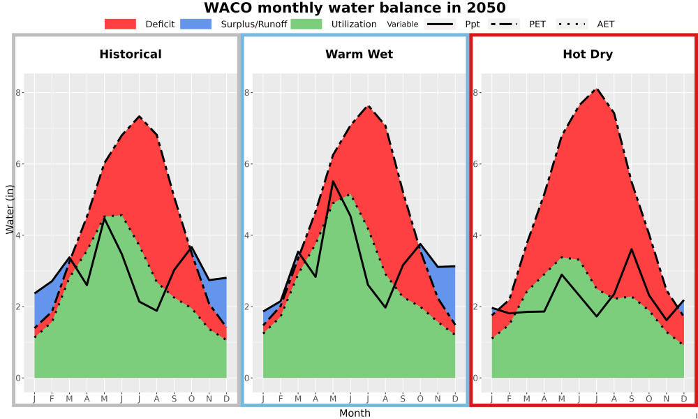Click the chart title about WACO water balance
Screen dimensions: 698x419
click(x=355, y=8)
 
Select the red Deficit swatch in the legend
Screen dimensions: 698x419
click(x=120, y=24)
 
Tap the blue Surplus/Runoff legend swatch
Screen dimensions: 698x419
click(x=196, y=24)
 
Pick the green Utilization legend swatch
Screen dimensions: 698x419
click(x=306, y=24)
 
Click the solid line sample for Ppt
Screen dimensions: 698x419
click(x=440, y=24)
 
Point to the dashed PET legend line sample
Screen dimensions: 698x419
click(x=504, y=24)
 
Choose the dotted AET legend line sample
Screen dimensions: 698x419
click(x=572, y=24)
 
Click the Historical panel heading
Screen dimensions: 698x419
click(x=131, y=54)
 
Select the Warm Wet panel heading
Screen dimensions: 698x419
click(x=359, y=54)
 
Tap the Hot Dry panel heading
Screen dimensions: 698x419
click(x=588, y=54)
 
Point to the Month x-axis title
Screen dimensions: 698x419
click(x=355, y=413)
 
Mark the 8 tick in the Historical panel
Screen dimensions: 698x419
click(x=19, y=93)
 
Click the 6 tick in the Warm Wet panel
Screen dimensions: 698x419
click(x=248, y=164)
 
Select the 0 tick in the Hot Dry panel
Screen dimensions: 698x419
click(x=476, y=378)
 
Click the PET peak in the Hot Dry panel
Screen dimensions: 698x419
click(x=597, y=89)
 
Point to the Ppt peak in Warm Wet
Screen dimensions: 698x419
click(x=333, y=181)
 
